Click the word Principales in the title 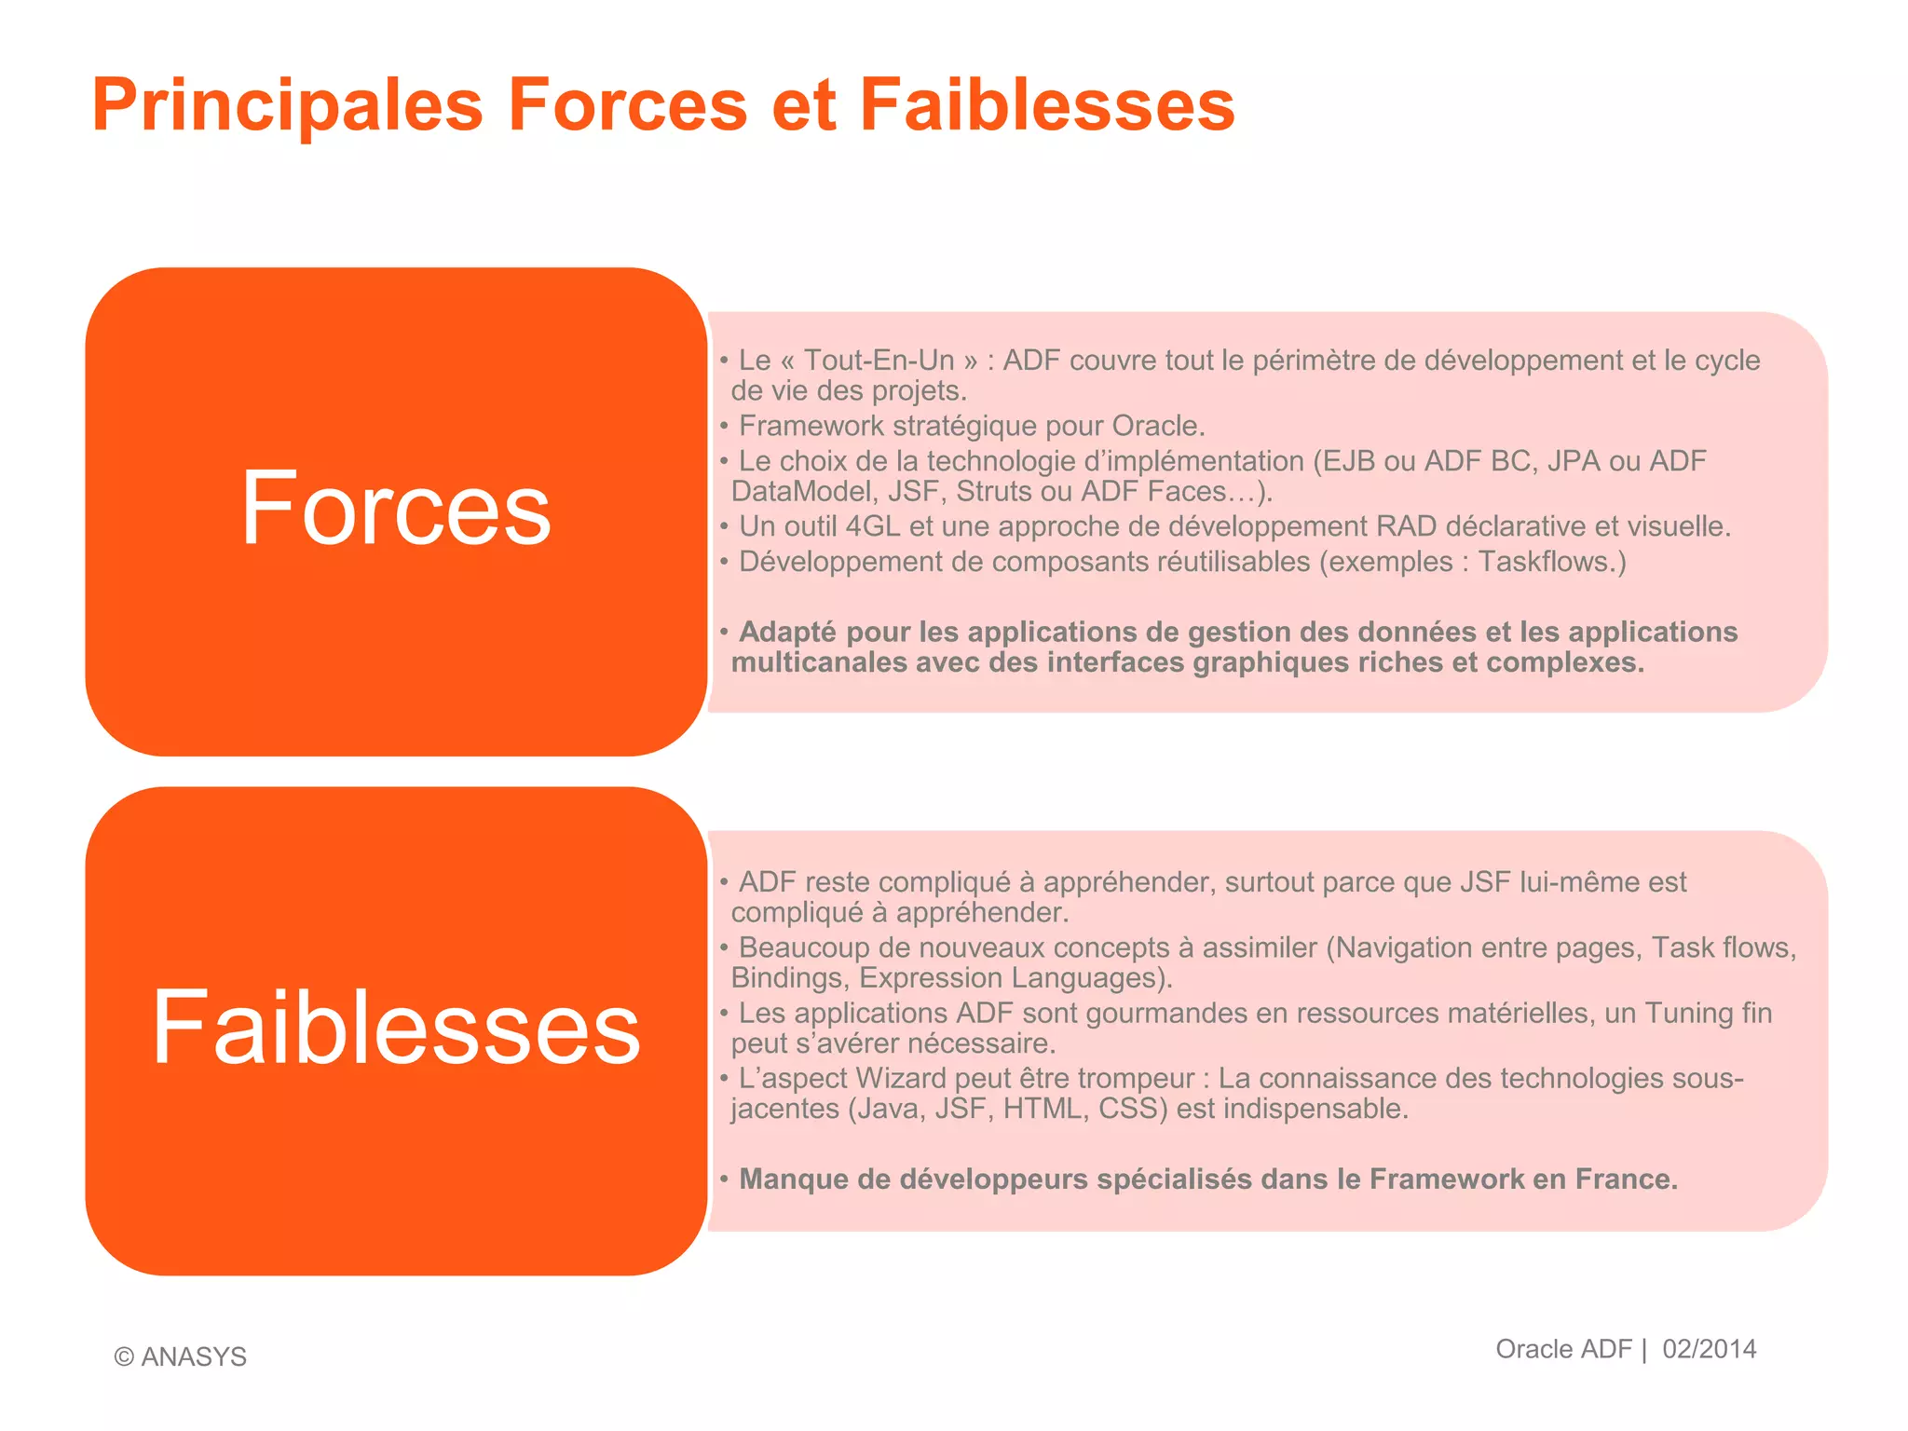(287, 105)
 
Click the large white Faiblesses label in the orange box (396, 1027)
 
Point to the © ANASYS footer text (181, 1356)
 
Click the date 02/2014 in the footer (1709, 1349)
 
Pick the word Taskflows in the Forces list (1547, 562)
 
